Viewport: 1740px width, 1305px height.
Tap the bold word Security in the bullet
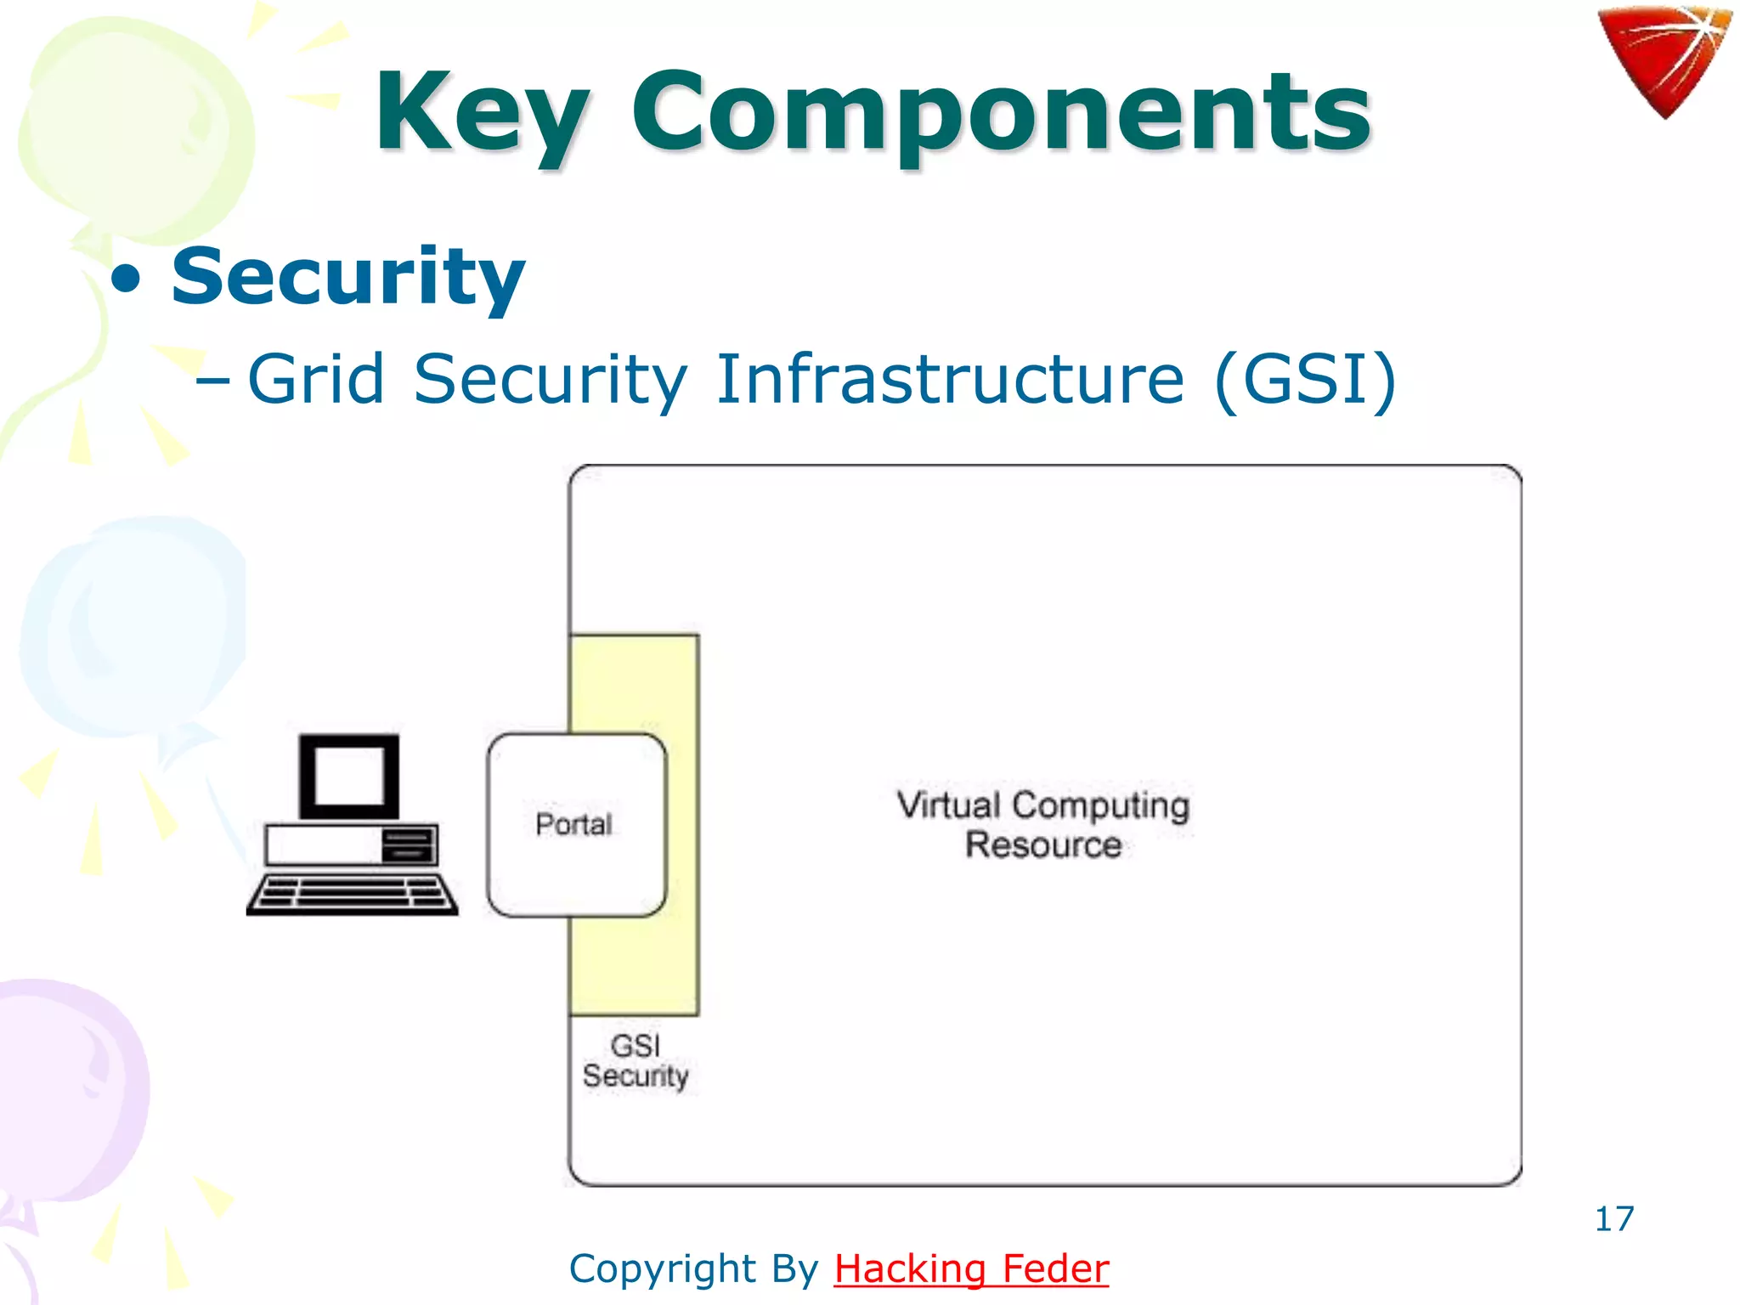pyautogui.click(x=348, y=276)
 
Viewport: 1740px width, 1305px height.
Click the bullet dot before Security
pyautogui.click(x=127, y=280)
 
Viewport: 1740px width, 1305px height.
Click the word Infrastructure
pyautogui.click(x=949, y=379)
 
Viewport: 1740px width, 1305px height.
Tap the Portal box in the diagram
pyautogui.click(x=575, y=824)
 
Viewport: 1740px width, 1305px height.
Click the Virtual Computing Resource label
pyautogui.click(x=1043, y=824)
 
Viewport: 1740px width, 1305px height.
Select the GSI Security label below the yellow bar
pyautogui.click(x=636, y=1061)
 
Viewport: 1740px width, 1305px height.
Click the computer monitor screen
pyautogui.click(x=349, y=776)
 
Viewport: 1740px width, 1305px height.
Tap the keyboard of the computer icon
pyautogui.click(x=352, y=895)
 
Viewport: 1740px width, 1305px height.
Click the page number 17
pyautogui.click(x=1613, y=1219)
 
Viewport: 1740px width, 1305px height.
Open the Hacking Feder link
pyautogui.click(x=971, y=1268)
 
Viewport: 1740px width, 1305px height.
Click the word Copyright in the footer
pyautogui.click(x=663, y=1268)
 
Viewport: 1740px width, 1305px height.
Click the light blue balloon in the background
pyautogui.click(x=132, y=629)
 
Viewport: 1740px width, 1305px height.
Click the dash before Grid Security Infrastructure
pyautogui.click(x=212, y=381)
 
